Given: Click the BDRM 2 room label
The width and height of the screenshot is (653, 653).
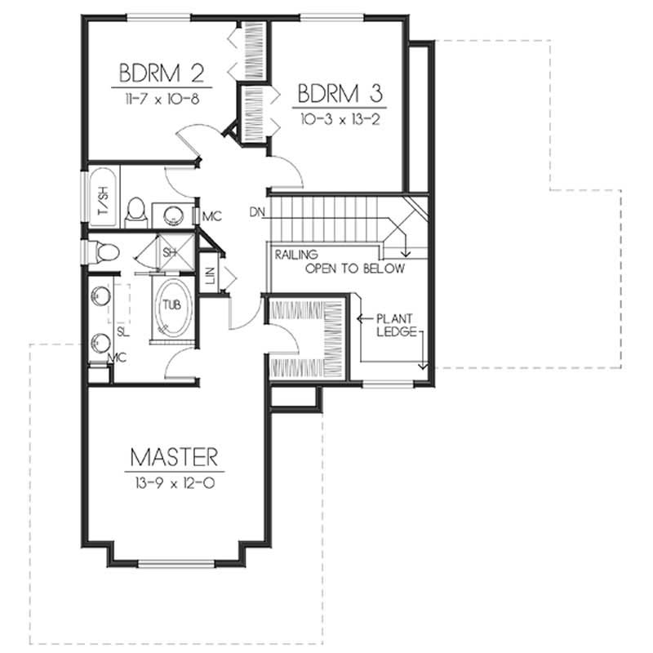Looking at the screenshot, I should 162,73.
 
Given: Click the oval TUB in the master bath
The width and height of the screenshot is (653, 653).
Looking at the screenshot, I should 171,306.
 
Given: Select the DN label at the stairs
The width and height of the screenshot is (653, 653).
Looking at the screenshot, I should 258,213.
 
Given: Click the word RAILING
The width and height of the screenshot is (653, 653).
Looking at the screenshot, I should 296,255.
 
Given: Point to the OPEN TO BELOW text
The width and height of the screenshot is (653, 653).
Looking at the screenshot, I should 354,269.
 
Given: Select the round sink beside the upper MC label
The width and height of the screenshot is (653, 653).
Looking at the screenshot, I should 174,215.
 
